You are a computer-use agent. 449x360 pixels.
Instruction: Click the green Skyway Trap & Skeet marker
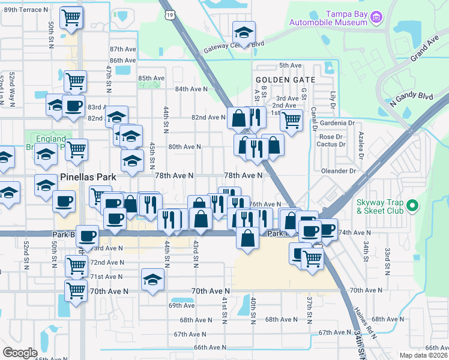tap(412, 206)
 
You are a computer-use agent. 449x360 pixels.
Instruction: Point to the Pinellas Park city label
tap(89, 178)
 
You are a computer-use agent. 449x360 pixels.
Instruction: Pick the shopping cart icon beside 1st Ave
tap(291, 119)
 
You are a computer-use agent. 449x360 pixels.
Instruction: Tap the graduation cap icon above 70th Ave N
tap(153, 279)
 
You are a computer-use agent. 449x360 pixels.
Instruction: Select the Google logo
tap(20, 352)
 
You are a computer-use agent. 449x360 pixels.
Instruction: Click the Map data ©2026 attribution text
tap(423, 355)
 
